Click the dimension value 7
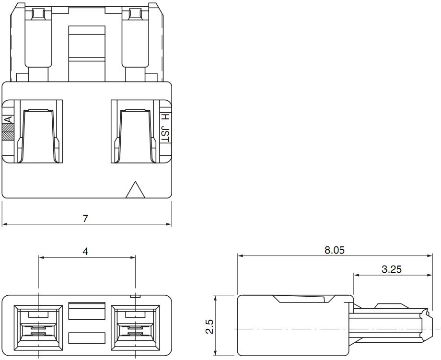(x=85, y=218)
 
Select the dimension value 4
(x=85, y=251)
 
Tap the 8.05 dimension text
(x=335, y=250)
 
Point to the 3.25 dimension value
(x=392, y=269)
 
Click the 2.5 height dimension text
(x=209, y=326)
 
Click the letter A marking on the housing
(x=9, y=119)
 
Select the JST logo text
(x=165, y=134)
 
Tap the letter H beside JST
(x=166, y=117)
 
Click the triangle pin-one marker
(x=135, y=189)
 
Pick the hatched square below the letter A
(x=8, y=132)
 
